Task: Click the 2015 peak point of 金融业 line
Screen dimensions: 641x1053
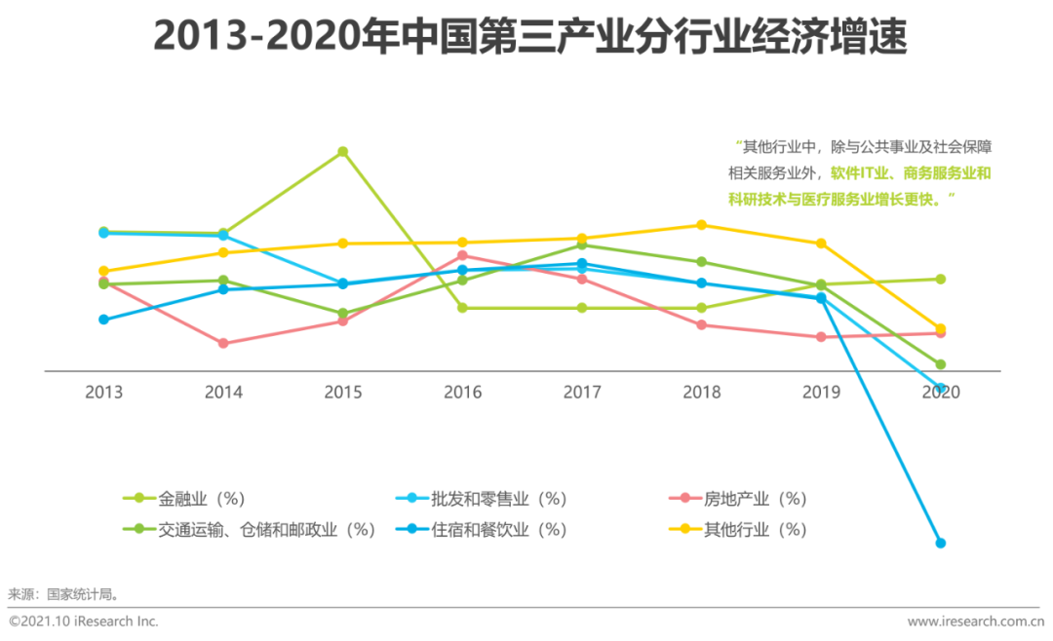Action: click(343, 152)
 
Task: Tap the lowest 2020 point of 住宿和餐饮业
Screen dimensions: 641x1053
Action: click(941, 543)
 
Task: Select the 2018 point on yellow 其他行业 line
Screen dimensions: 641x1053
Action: click(701, 225)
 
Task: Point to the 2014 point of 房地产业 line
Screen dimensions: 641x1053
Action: click(223, 343)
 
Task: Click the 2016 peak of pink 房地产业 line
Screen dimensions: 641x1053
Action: click(462, 255)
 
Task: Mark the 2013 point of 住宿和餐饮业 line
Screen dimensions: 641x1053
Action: click(103, 320)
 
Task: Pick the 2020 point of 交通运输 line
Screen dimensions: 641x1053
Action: click(941, 364)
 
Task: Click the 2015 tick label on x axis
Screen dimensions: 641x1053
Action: click(343, 393)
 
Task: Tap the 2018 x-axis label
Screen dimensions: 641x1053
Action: click(701, 393)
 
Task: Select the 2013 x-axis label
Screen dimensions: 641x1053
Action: click(103, 393)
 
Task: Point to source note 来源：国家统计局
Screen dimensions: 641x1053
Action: click(63, 593)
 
